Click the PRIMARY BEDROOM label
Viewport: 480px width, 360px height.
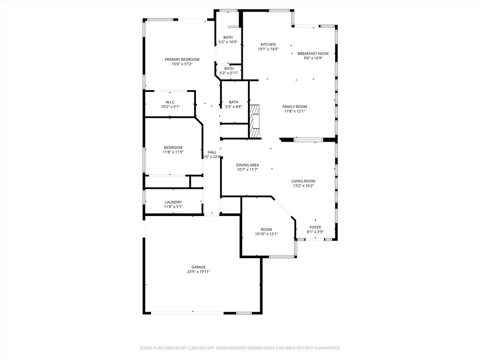coord(182,60)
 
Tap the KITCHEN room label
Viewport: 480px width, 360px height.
coord(268,45)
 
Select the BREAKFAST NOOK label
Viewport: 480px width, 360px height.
coord(313,53)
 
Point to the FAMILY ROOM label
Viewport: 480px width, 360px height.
coord(294,107)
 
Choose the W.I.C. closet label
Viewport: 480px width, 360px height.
coord(170,102)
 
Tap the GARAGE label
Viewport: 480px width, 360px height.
coord(198,267)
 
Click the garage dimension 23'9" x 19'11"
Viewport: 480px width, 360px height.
coord(198,272)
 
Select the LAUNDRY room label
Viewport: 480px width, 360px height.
coord(173,202)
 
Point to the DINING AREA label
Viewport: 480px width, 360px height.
coord(247,165)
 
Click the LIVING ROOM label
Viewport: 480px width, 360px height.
coord(303,181)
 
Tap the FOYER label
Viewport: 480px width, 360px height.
coord(315,227)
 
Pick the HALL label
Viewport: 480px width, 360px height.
coord(212,152)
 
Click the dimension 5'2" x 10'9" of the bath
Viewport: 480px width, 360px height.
coord(228,42)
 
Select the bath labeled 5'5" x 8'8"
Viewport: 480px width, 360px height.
coord(233,102)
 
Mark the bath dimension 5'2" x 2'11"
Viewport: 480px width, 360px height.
coord(229,73)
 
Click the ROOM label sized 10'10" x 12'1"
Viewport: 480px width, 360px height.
coord(266,230)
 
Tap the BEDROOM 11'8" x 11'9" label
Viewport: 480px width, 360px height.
coord(173,148)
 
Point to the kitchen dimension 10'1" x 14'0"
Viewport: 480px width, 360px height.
coord(268,49)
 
